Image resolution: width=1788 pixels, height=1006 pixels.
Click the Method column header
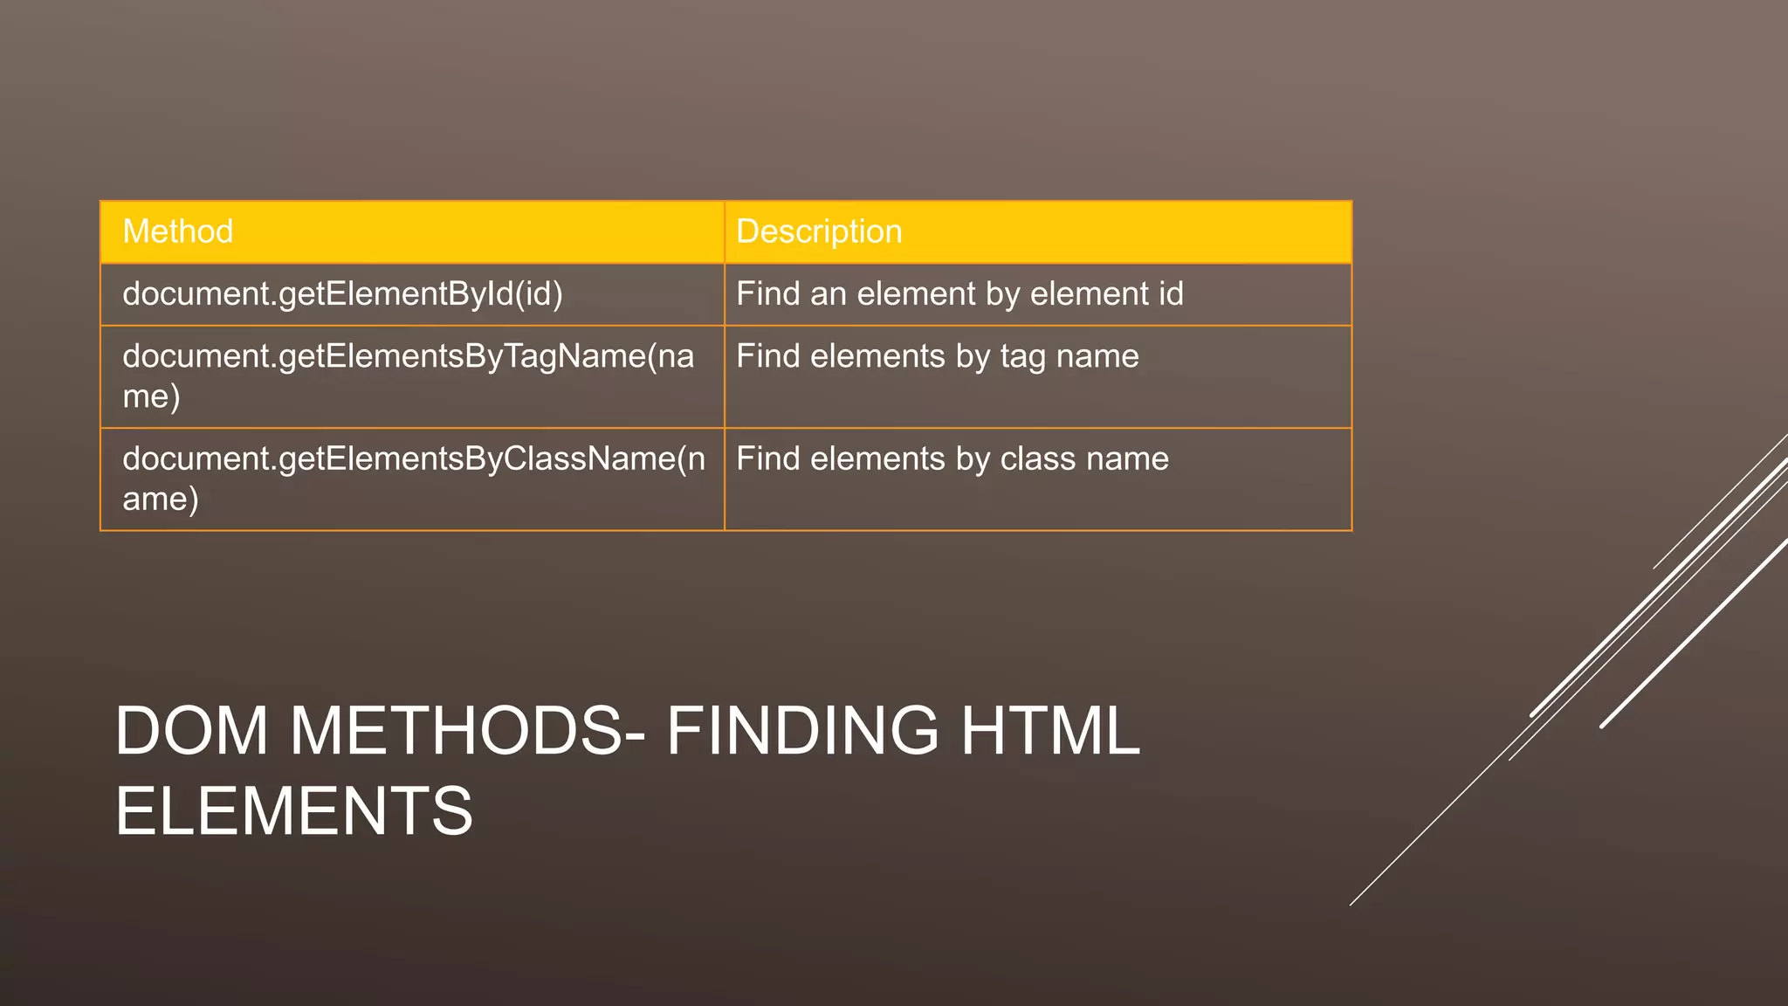178,231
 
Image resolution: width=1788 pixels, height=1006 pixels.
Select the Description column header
819,231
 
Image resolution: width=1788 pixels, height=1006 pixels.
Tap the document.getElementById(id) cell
342,294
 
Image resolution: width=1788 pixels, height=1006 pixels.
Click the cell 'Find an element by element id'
959,294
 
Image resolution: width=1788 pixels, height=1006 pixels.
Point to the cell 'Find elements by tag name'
937,357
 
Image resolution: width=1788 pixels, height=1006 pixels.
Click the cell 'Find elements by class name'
952,459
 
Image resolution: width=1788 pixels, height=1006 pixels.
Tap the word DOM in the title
191,731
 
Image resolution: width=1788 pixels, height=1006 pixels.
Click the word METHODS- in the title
468,731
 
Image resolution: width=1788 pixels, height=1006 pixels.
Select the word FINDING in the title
802,731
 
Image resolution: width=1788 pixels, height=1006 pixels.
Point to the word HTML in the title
1050,731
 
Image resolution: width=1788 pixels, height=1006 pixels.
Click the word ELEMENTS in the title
294,811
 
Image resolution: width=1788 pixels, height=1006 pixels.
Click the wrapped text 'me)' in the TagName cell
151,397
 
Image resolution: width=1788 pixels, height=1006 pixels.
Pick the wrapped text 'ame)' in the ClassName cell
161,500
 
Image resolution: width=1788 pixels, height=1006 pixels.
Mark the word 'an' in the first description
829,295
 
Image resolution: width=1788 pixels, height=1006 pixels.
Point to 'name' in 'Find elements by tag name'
1097,357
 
